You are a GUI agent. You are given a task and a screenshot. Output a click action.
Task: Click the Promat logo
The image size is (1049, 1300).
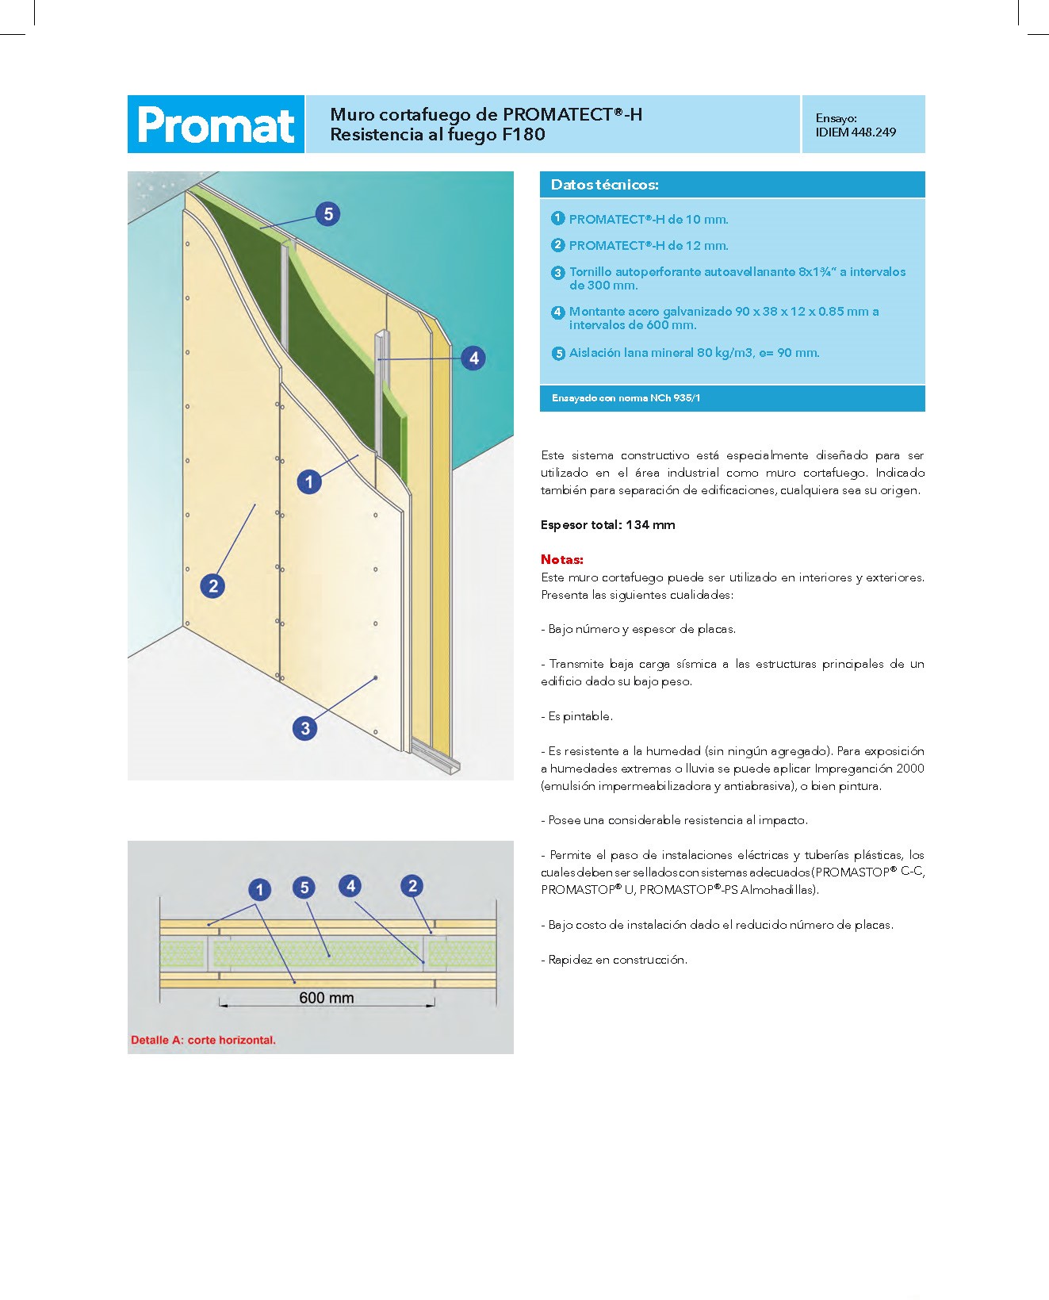pos(216,125)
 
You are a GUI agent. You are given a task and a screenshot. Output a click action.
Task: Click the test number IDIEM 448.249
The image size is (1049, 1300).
pos(856,132)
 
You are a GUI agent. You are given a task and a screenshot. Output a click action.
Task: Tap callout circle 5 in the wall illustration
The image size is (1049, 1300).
pos(327,214)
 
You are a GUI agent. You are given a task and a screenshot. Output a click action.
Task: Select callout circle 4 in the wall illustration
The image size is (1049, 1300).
pos(473,358)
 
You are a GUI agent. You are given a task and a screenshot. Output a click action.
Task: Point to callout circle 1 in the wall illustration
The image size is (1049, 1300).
pos(309,481)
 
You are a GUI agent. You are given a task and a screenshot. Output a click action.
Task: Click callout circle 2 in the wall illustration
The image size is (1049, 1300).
pos(212,586)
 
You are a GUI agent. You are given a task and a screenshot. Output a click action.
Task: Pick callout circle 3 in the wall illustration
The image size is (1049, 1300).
pos(305,728)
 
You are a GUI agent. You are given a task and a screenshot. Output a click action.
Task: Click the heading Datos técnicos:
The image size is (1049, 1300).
pos(605,185)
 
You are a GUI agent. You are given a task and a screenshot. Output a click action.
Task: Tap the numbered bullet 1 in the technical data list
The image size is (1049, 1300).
pos(558,218)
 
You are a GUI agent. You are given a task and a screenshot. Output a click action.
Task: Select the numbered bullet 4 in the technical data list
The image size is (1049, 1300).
pos(558,312)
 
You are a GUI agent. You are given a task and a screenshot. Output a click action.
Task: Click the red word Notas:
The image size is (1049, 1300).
pos(562,559)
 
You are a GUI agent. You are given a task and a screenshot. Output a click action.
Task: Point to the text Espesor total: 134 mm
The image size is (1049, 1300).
pos(608,525)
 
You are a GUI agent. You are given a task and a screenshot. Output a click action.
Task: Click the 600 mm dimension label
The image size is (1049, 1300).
pos(326,998)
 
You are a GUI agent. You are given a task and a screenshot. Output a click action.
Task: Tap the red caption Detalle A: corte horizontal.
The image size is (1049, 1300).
pos(203,1040)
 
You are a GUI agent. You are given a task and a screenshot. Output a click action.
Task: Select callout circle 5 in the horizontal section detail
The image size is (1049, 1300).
pos(304,888)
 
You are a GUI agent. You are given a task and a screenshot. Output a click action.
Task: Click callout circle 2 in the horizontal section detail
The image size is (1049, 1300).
pos(412,886)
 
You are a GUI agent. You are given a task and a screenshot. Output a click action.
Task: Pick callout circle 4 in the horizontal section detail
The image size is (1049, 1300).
pos(350,886)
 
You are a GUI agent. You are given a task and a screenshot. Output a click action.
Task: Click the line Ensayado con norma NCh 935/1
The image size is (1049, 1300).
pos(626,398)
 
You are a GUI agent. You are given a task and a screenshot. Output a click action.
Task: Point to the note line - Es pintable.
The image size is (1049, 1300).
pos(577,716)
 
